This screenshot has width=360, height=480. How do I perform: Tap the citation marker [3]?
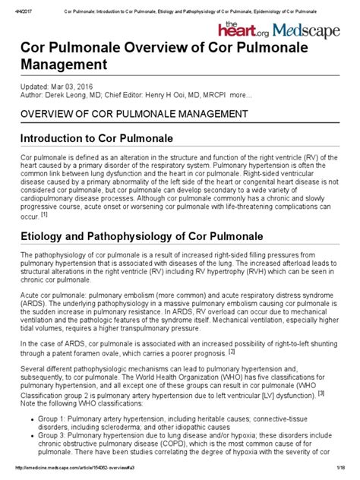click(x=321, y=415)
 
